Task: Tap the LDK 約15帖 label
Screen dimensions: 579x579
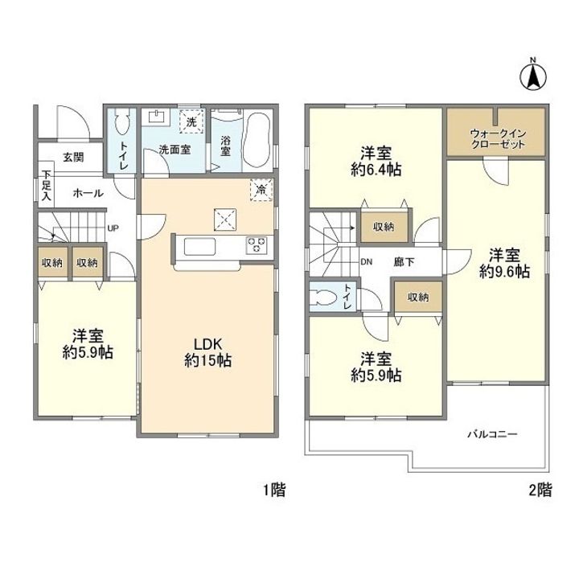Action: tap(208, 352)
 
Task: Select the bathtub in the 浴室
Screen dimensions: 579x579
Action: tap(257, 140)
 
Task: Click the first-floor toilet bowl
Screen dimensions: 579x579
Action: tap(121, 121)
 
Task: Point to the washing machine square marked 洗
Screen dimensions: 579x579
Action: tap(191, 121)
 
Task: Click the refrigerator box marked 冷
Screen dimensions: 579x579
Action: tap(261, 190)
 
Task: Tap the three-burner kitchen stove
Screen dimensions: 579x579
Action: tap(257, 245)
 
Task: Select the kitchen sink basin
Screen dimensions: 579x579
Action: tap(199, 247)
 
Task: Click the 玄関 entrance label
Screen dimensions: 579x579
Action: tap(73, 157)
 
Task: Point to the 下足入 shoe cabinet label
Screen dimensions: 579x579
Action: tap(46, 185)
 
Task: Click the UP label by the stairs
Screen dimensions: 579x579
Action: tap(113, 228)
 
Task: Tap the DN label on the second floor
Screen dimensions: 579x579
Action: tap(367, 262)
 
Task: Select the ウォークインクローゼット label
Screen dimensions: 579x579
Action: tap(498, 138)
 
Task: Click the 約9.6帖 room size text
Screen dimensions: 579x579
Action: tap(504, 272)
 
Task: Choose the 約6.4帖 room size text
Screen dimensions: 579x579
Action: tap(376, 170)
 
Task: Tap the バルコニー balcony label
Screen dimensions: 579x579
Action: tap(493, 434)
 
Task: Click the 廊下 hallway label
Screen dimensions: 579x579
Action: tap(404, 262)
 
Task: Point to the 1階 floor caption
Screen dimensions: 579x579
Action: tap(274, 490)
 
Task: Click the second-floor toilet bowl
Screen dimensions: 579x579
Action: tap(325, 297)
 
